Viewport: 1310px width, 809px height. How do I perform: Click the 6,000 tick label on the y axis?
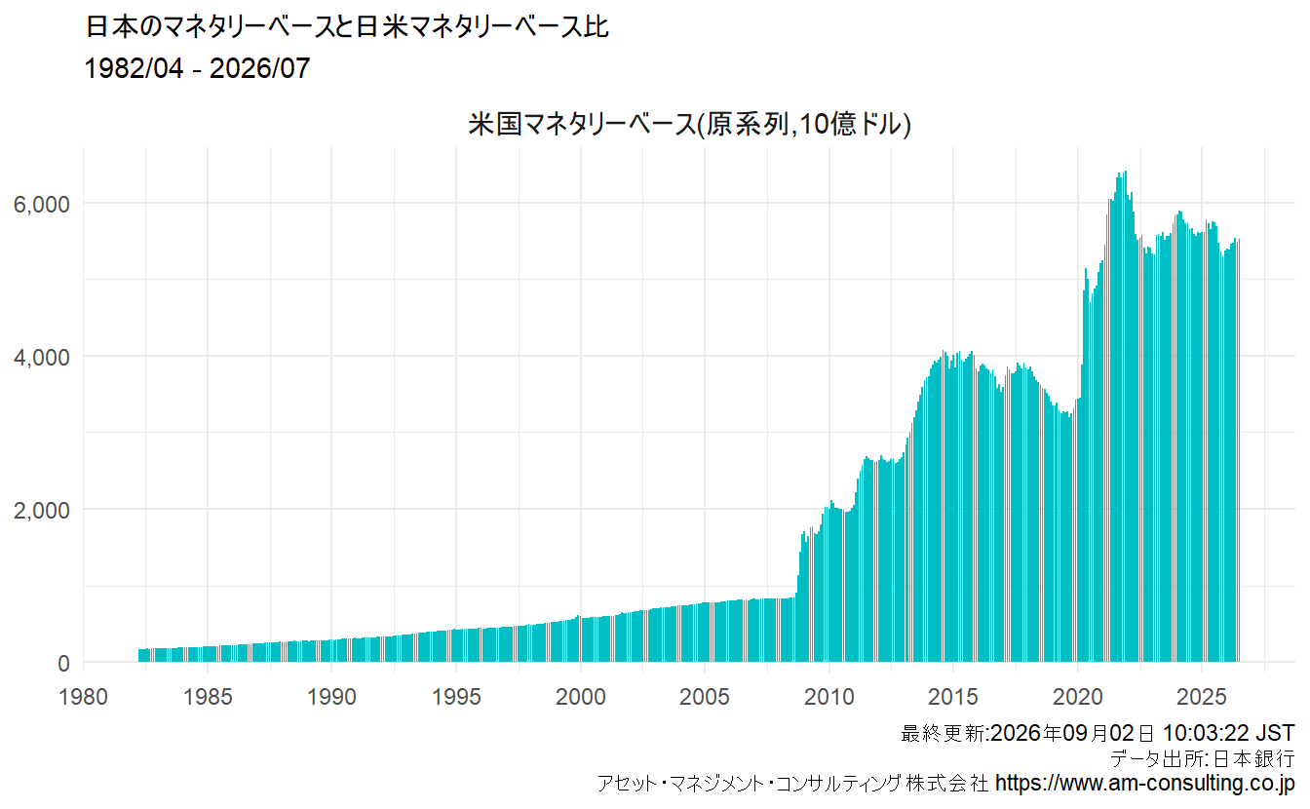click(x=41, y=204)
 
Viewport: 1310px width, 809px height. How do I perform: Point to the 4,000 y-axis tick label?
click(x=41, y=357)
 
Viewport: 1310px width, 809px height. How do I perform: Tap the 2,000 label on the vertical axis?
click(x=41, y=510)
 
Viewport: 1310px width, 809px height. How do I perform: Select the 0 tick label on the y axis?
click(x=63, y=664)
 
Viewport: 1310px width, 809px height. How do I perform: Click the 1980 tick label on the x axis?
click(x=83, y=697)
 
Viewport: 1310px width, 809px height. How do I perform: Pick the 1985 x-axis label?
click(x=208, y=697)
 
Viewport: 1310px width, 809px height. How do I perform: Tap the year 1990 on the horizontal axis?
click(x=331, y=697)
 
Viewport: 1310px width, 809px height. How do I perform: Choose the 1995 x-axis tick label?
click(x=456, y=697)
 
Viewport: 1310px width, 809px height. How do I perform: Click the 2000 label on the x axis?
click(x=580, y=697)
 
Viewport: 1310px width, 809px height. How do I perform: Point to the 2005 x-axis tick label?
click(x=704, y=697)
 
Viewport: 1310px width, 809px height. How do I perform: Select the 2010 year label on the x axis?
click(x=828, y=697)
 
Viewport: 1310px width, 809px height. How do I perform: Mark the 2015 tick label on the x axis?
click(x=952, y=697)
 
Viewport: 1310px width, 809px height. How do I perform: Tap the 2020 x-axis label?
click(x=1077, y=697)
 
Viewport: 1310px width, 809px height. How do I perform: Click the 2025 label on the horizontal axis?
click(x=1201, y=697)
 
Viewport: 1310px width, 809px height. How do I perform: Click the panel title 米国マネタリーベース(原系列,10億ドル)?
click(x=689, y=124)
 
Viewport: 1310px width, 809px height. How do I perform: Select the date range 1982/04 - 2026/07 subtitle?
click(x=197, y=68)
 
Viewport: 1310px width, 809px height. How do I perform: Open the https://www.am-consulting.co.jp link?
click(x=1145, y=783)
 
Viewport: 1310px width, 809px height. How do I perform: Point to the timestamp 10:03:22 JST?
click(x=1228, y=733)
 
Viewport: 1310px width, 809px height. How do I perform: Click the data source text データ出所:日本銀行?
click(x=1203, y=758)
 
